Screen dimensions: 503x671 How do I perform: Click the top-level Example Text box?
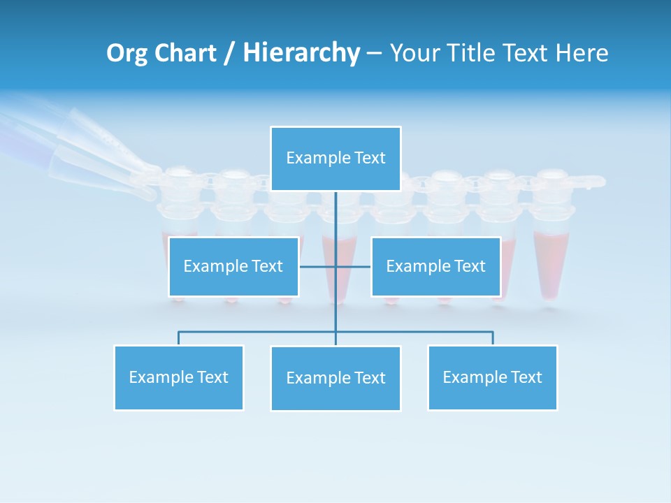(x=335, y=159)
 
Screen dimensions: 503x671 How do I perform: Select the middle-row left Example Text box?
(x=233, y=266)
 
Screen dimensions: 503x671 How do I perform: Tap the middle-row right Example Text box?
(x=435, y=266)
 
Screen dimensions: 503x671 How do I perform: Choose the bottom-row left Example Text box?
(x=179, y=377)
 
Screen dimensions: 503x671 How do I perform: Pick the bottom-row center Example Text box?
(x=335, y=378)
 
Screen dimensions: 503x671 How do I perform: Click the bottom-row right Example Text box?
(x=492, y=377)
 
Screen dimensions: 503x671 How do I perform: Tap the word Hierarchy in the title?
(x=301, y=53)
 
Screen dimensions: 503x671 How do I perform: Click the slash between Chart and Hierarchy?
(x=229, y=53)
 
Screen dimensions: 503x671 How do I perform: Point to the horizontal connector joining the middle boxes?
(x=318, y=266)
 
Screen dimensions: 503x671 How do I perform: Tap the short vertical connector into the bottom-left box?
(x=179, y=338)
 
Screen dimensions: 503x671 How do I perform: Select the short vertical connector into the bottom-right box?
(x=492, y=338)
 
